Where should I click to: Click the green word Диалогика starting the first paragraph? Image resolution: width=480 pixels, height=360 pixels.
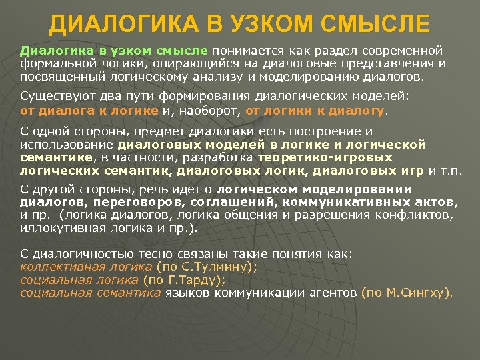coord(50,50)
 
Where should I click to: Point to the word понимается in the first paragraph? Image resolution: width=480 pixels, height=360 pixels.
coord(243,50)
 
